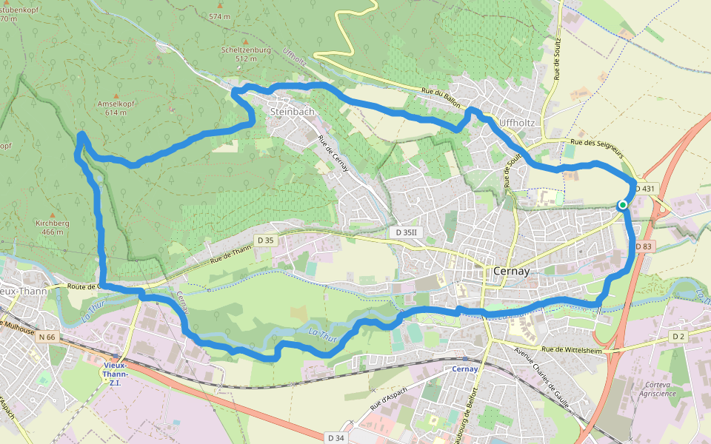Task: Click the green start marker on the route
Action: click(x=623, y=205)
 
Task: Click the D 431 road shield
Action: click(x=645, y=189)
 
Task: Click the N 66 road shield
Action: click(x=47, y=337)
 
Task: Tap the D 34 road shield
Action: click(x=336, y=438)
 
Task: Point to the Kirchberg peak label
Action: click(x=52, y=223)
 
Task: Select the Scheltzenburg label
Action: click(x=246, y=50)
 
